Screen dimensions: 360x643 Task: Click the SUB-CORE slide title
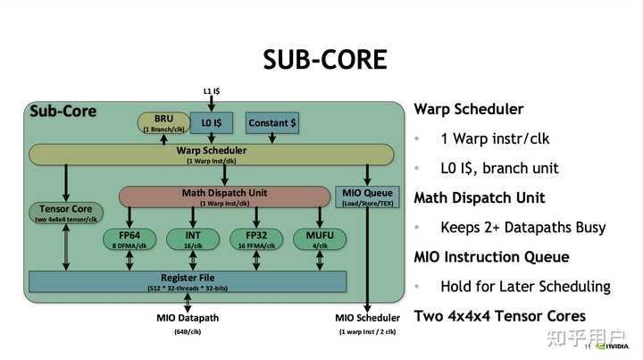tap(325, 59)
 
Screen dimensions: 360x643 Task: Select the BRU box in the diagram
tap(163, 123)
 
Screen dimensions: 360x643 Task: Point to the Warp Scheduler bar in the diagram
tap(211, 155)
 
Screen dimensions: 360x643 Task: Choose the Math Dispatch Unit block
tap(223, 197)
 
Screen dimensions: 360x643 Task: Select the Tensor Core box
tap(66, 213)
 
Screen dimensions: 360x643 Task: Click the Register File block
tap(188, 281)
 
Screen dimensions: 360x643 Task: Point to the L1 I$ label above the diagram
tap(213, 91)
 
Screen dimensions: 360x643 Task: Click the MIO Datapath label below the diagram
tap(188, 318)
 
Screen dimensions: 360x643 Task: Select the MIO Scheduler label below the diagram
tap(368, 318)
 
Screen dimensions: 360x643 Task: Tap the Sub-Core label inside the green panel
tap(63, 112)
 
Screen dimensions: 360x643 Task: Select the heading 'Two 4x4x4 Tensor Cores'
tap(499, 316)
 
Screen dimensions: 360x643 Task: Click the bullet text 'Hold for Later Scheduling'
tap(525, 287)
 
